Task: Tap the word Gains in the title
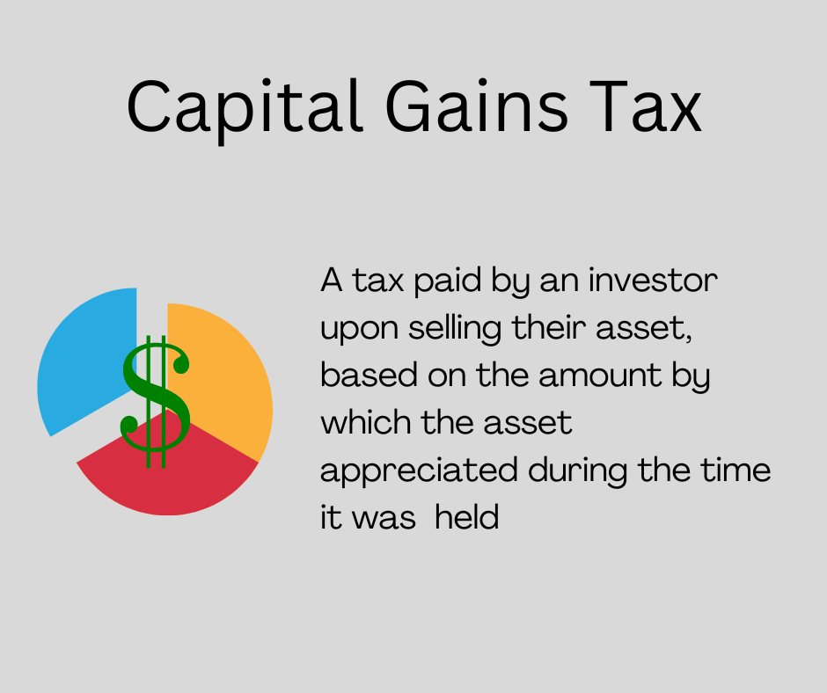(478, 106)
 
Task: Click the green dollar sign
(156, 402)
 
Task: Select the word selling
(455, 329)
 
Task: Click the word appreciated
(419, 471)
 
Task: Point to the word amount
(600, 376)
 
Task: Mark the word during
(577, 471)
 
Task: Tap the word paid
(447, 281)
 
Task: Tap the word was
(384, 519)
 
